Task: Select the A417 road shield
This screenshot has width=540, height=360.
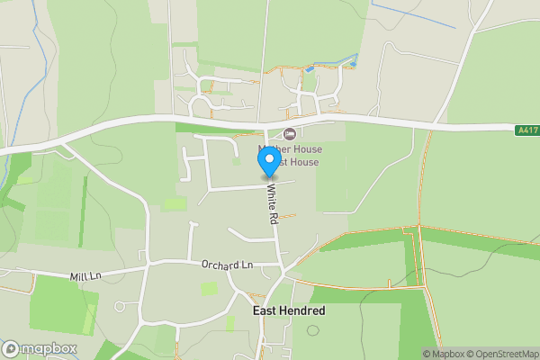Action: pos(527,130)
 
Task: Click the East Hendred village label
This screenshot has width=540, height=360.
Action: pos(288,310)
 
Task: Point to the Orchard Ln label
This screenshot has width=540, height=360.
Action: pos(228,265)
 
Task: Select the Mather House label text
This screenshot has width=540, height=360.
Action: pos(289,148)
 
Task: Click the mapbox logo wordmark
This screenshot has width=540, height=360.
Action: pos(49,349)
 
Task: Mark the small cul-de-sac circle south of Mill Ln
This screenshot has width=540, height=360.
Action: pos(120,307)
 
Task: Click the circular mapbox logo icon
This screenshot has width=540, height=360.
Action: pos(11,349)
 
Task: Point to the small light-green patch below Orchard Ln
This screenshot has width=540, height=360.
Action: pos(209,288)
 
